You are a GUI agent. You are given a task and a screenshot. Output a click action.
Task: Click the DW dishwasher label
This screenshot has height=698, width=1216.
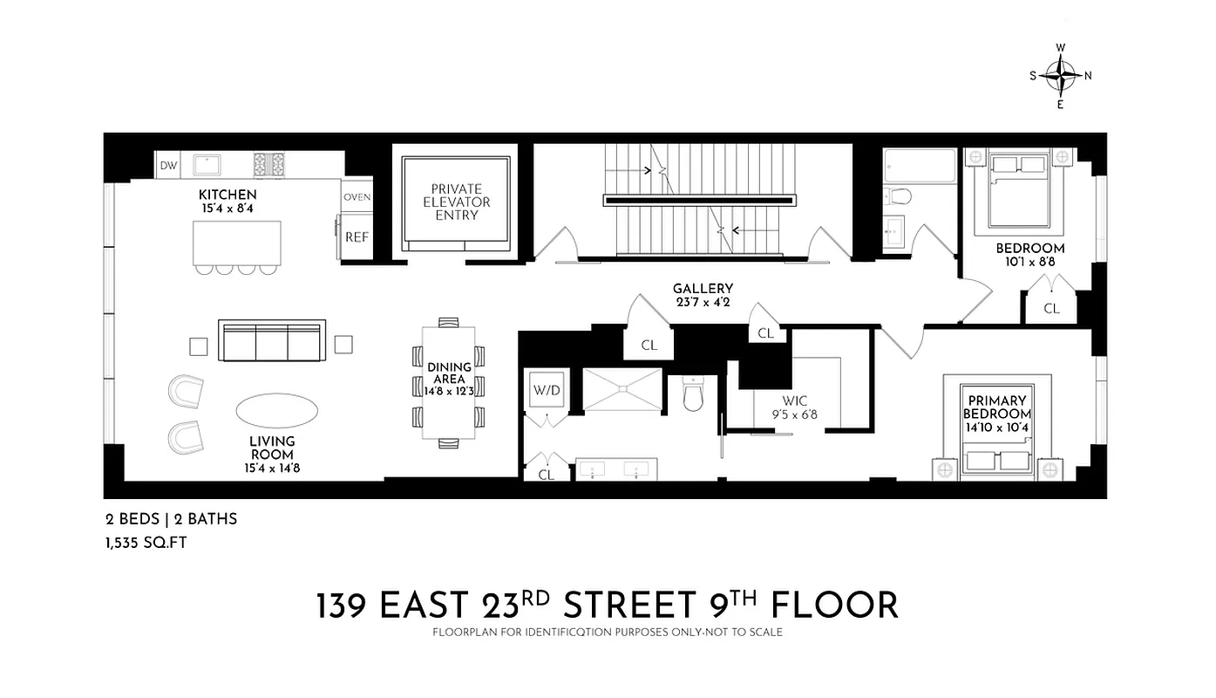[x=168, y=165]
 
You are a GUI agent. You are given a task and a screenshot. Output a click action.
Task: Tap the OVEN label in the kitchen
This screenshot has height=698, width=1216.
[x=357, y=197]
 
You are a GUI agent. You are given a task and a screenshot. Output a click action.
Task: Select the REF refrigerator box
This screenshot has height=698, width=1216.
[x=357, y=236]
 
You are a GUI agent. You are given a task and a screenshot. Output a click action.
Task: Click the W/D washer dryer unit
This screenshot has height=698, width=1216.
[x=547, y=392]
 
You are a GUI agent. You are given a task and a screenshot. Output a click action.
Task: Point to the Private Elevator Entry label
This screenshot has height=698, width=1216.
[x=456, y=202]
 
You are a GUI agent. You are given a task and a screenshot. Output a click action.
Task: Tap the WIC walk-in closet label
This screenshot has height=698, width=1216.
[x=794, y=401]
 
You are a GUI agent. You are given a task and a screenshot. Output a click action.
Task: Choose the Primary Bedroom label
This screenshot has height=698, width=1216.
[x=996, y=407]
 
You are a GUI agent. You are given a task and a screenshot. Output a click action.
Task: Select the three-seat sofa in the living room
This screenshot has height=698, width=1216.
[x=269, y=341]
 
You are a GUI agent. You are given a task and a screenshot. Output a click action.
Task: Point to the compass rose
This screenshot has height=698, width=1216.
[x=1060, y=76]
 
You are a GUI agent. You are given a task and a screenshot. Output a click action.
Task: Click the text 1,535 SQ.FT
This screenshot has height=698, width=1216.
[x=146, y=543]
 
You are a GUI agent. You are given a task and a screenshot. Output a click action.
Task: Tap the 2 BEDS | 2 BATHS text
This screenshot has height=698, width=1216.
[x=171, y=519]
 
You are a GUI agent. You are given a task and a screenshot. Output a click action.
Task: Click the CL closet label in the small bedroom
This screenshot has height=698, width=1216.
[x=1051, y=308]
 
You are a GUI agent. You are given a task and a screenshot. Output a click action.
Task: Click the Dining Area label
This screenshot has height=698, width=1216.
[x=449, y=373]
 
